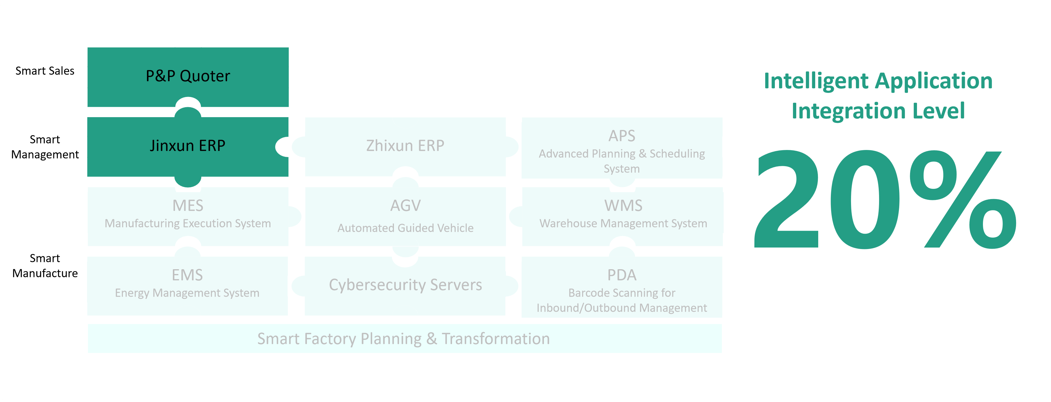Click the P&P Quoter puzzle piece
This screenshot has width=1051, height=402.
pos(188,77)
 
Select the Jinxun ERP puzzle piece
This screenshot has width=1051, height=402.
pos(188,147)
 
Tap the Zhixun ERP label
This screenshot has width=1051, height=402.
pos(405,146)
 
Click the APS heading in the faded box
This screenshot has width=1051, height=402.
pos(622,136)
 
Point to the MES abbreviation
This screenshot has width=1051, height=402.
pos(188,206)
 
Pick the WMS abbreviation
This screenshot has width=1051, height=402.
pos(623,206)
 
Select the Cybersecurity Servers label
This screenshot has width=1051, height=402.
pos(406,285)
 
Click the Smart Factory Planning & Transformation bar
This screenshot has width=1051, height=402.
pos(405,338)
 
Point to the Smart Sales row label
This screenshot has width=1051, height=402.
pos(45,71)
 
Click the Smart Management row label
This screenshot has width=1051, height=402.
pos(45,147)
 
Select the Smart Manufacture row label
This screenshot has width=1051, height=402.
pos(45,266)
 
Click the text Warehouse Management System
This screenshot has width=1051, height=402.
pos(623,224)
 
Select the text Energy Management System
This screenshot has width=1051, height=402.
pos(187,293)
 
